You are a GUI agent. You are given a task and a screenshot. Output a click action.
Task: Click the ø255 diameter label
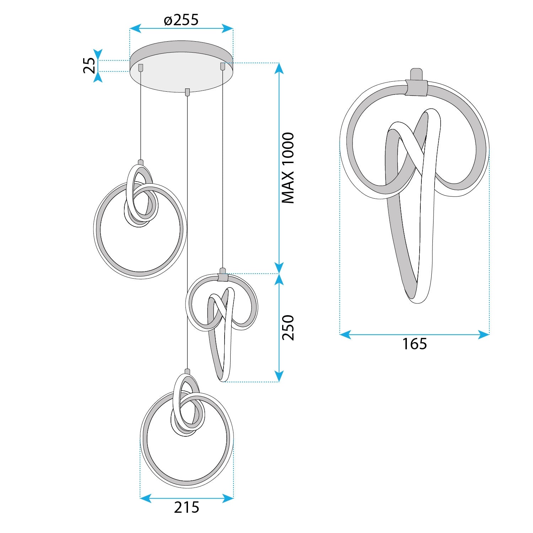coord(181,20)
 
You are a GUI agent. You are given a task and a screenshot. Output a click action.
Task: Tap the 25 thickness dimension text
coord(90,66)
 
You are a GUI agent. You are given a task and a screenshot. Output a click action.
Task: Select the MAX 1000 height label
coord(288,168)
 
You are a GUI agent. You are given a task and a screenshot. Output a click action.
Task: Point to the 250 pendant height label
coord(288,328)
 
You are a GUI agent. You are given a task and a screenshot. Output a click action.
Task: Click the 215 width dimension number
coord(187,507)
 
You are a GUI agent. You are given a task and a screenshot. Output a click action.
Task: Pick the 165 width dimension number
coord(414,344)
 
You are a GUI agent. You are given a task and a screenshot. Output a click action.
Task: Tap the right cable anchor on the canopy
coord(223,66)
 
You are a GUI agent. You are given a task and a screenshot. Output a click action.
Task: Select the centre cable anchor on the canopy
coord(187,92)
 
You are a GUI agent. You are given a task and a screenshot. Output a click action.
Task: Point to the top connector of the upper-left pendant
coord(141,163)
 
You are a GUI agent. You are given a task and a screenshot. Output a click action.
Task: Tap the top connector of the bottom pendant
coord(187,372)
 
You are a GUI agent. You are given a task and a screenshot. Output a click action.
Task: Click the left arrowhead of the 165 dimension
coord(345,334)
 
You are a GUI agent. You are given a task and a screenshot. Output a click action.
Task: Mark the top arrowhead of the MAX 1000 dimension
coord(279,68)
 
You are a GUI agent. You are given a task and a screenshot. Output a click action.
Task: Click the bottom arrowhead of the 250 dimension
coord(279,376)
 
